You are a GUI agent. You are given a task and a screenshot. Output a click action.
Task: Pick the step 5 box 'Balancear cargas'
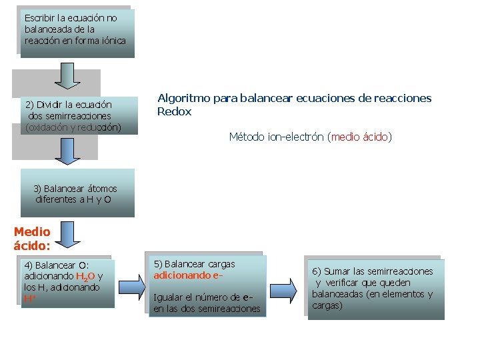207,286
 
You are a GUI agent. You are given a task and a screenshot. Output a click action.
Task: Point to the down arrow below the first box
67,75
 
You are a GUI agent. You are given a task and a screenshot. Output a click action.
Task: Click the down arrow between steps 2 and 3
67,151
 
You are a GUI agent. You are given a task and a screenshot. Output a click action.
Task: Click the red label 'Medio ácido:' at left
32,239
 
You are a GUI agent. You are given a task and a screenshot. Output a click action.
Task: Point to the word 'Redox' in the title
174,112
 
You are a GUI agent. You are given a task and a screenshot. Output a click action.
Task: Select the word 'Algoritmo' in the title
179,98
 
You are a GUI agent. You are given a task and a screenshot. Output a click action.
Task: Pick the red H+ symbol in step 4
29,299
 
